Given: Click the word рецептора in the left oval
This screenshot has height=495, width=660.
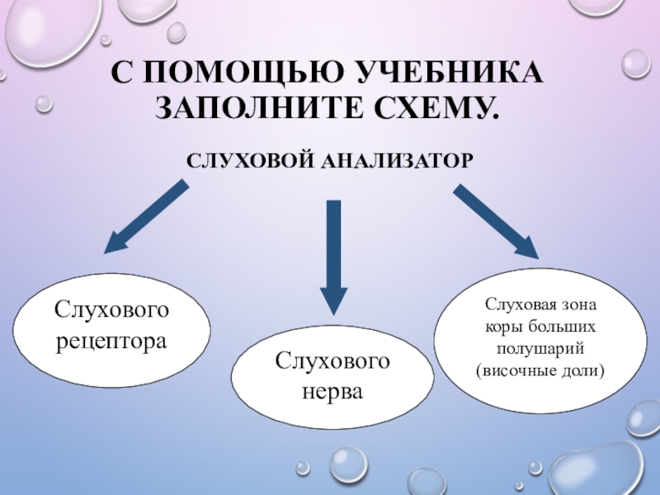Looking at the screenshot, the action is coord(112,340).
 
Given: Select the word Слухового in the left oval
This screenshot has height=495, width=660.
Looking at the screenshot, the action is coord(112,310).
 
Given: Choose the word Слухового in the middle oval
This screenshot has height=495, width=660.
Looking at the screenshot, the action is coord(332,361).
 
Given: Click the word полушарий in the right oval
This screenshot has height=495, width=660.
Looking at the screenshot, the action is coord(540,347).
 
